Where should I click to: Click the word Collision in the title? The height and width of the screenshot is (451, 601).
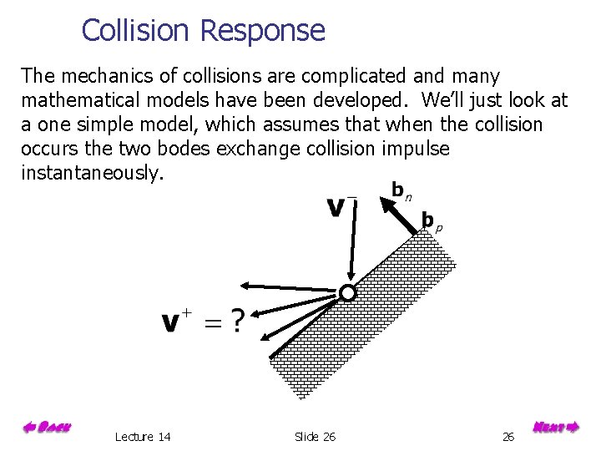point(138,31)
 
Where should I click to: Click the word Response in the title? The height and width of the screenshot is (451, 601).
point(262,32)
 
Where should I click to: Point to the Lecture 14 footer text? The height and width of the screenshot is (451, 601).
point(143,437)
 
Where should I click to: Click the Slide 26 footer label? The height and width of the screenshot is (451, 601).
point(315,437)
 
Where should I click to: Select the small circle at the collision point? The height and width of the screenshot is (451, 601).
point(347,292)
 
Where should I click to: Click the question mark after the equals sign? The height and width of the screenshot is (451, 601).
point(238,321)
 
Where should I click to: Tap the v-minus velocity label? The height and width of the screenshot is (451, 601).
point(341,205)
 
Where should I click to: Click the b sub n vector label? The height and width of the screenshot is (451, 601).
point(401,190)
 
